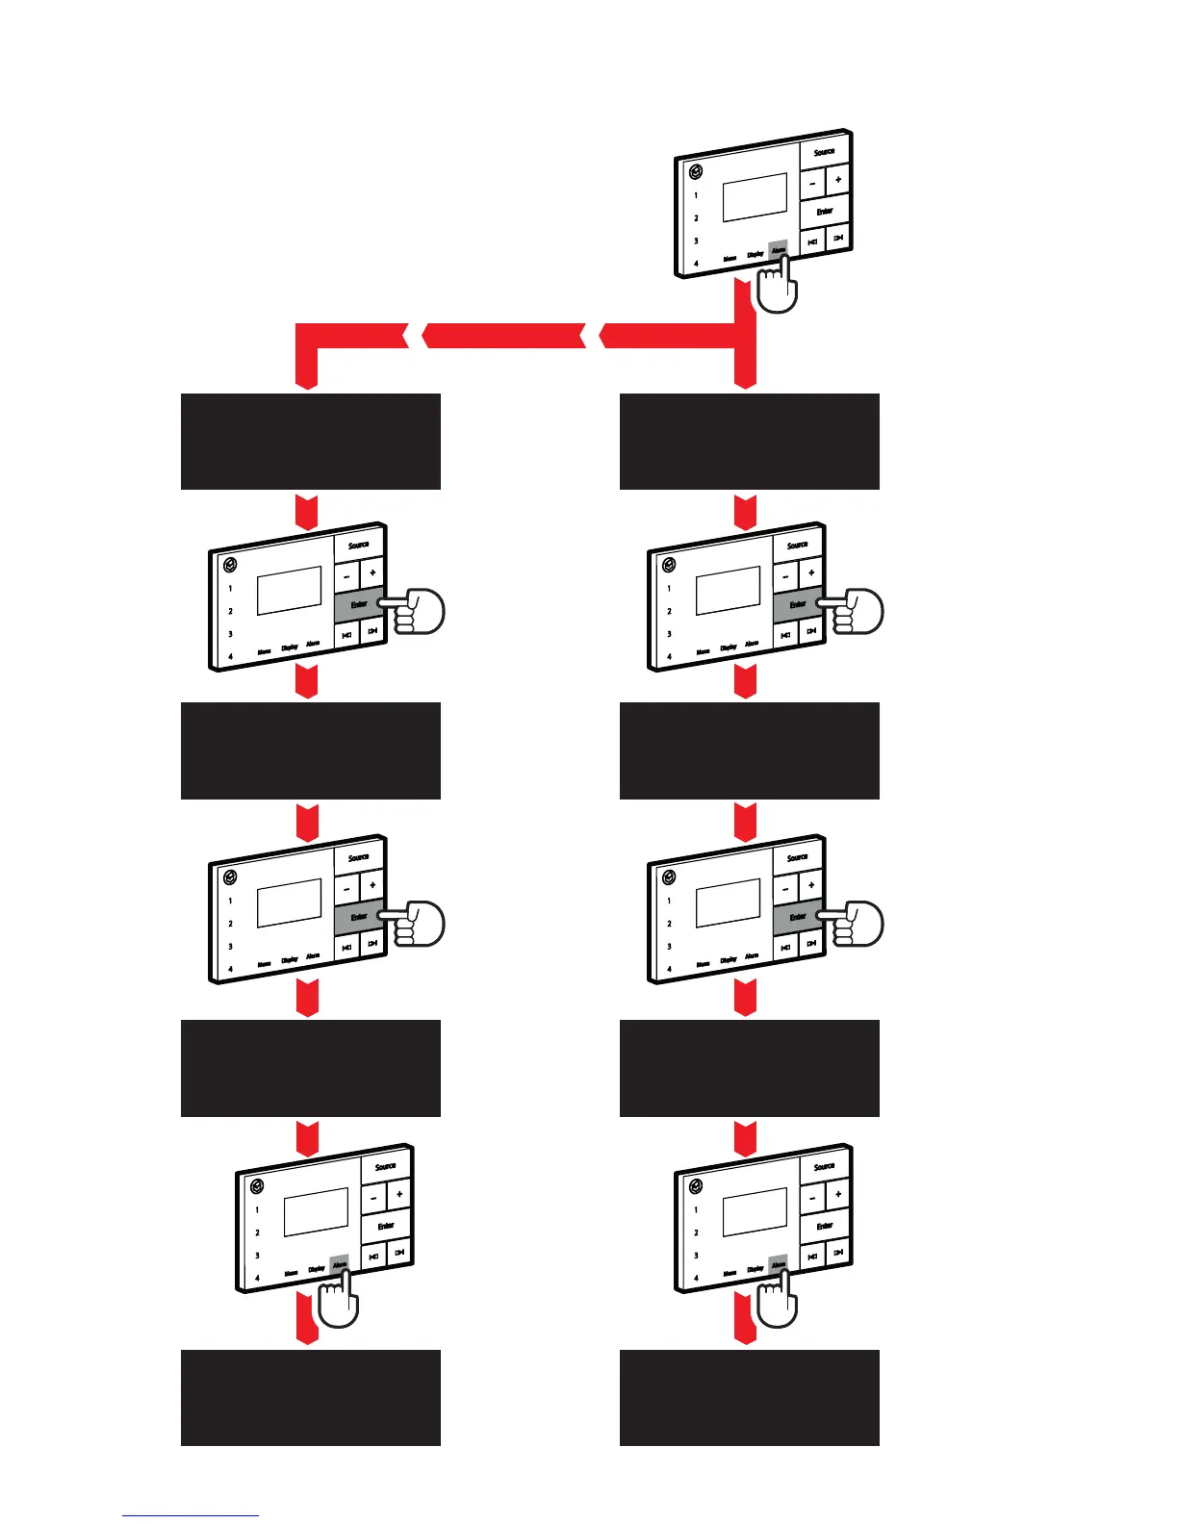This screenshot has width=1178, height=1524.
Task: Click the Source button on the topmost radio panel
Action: (x=825, y=152)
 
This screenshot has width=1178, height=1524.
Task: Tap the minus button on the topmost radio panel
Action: (x=813, y=182)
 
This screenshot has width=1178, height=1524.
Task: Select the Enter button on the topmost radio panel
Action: (x=825, y=211)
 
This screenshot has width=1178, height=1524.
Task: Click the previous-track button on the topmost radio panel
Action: (x=813, y=241)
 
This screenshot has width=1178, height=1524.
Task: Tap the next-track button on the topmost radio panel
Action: (x=839, y=238)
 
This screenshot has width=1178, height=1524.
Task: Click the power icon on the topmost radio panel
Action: (x=696, y=172)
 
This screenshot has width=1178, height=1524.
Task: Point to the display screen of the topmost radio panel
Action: (x=755, y=196)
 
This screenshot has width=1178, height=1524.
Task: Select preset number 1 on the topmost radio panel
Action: (x=697, y=195)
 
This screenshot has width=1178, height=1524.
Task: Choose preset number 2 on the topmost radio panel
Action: (x=697, y=218)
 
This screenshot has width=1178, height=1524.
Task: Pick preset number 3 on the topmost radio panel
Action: (x=697, y=241)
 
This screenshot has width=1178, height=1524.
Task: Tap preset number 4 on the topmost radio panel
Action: (x=697, y=263)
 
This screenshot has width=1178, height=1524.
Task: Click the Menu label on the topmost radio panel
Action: (x=730, y=259)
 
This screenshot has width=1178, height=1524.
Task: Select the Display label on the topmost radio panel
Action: (x=755, y=254)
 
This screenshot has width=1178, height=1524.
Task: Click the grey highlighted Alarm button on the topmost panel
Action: (x=778, y=249)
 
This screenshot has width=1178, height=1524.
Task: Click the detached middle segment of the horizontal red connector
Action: (x=503, y=336)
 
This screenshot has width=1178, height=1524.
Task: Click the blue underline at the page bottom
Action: (x=191, y=1515)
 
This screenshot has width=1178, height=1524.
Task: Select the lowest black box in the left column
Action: (x=311, y=1397)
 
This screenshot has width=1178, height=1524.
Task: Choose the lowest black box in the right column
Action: (x=750, y=1397)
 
